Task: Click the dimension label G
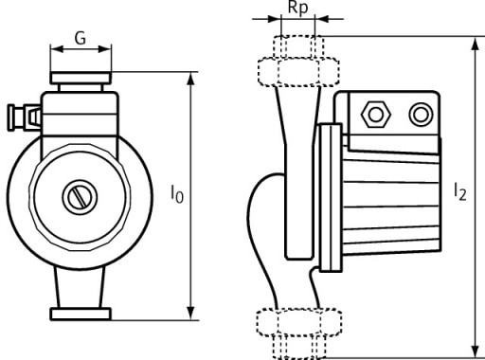tap(81, 39)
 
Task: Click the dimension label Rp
tap(297, 9)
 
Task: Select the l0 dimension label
tap(177, 194)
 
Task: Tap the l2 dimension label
tap(460, 191)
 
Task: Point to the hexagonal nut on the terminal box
tap(375, 115)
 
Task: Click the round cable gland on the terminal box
tap(421, 115)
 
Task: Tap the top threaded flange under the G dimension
tap(81, 78)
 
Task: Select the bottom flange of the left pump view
tap(81, 314)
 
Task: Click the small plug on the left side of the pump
tap(24, 117)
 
